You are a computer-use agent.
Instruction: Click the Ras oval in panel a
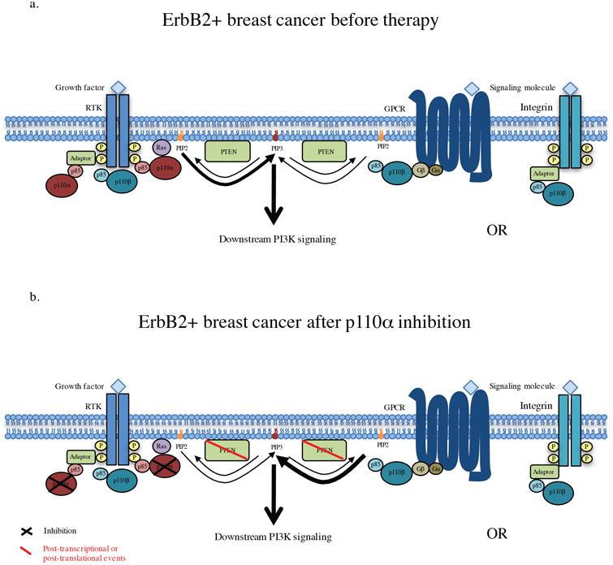click(160, 148)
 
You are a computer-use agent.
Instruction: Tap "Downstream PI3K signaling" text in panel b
click(274, 537)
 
